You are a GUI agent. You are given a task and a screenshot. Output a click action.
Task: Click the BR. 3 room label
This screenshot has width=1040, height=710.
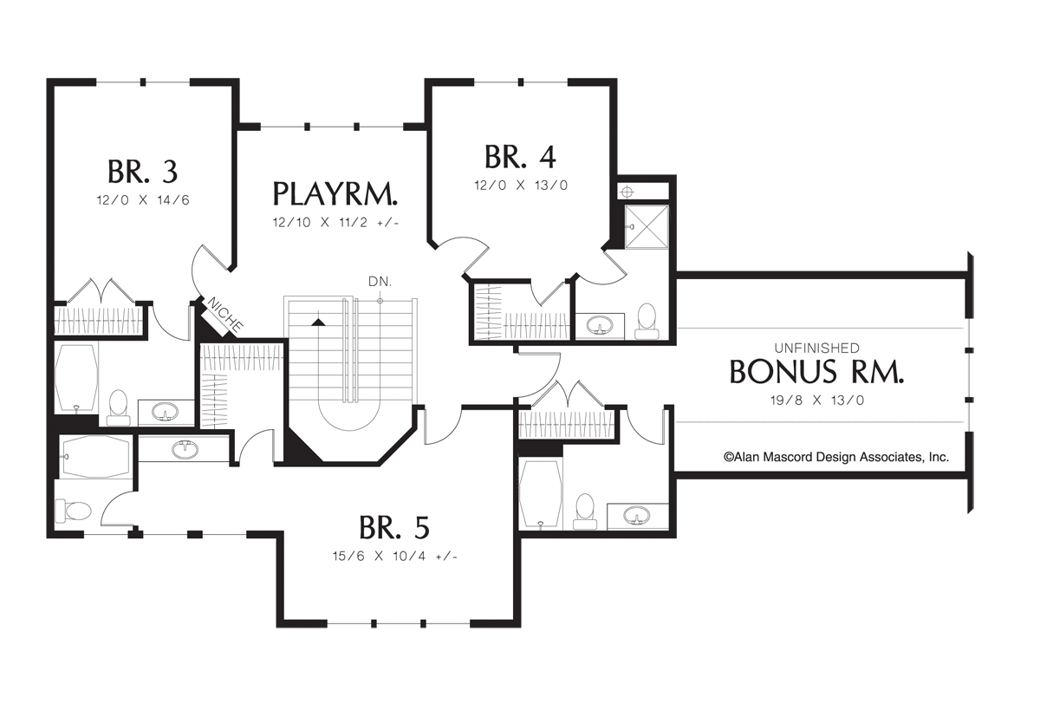(143, 171)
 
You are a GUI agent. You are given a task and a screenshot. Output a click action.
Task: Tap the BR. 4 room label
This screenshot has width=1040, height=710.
(520, 157)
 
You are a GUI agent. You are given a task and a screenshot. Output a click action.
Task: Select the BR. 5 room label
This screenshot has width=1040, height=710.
(393, 527)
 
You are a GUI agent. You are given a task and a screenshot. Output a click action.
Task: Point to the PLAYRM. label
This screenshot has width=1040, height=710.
(336, 192)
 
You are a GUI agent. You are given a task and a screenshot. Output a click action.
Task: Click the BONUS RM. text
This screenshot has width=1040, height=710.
(816, 372)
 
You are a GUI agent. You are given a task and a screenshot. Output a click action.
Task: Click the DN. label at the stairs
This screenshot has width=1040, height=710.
(380, 282)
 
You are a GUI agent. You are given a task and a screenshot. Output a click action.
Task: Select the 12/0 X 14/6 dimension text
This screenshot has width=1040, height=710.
(143, 199)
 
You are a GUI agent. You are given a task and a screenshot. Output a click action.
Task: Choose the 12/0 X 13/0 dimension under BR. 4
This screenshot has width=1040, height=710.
(520, 185)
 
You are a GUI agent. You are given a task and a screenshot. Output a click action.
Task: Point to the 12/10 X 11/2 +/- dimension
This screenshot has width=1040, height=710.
(336, 222)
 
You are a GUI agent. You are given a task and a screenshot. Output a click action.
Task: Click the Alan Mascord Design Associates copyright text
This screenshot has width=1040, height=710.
(835, 457)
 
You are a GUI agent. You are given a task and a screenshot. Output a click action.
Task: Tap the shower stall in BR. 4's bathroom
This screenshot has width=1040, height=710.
(647, 225)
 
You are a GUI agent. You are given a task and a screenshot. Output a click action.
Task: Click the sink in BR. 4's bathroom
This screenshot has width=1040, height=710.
(598, 326)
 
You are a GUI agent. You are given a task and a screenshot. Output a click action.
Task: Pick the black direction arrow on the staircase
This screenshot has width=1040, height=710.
(319, 321)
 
